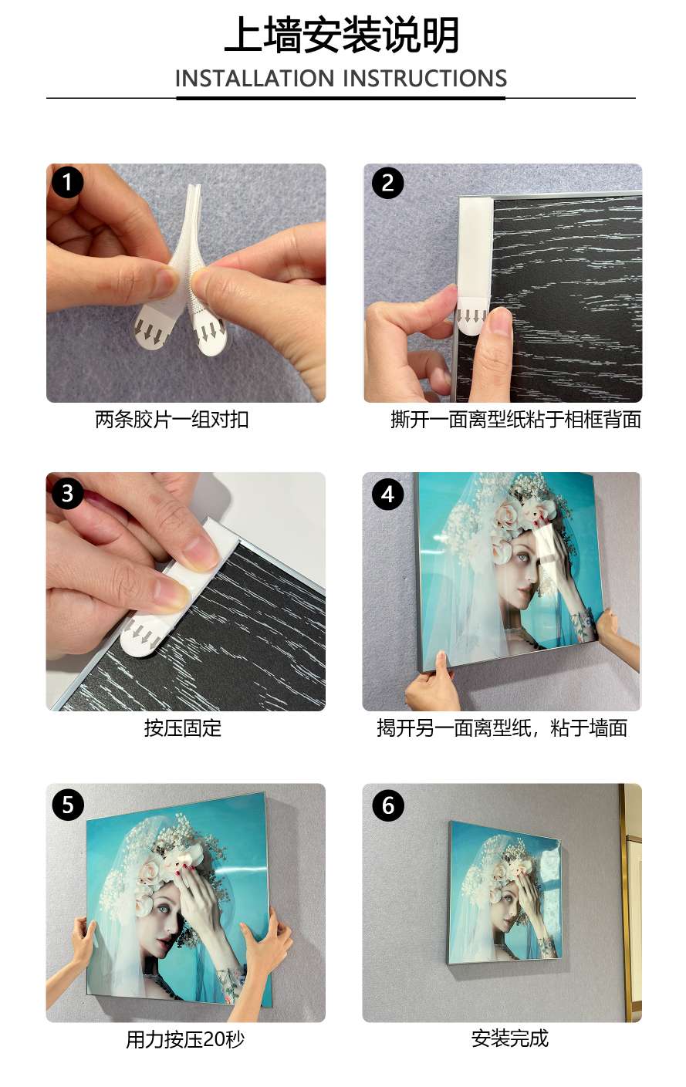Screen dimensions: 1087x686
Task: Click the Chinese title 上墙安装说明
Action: click(x=342, y=36)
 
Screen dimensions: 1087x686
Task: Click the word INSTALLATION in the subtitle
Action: click(x=254, y=79)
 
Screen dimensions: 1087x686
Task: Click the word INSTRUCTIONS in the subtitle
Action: click(x=424, y=79)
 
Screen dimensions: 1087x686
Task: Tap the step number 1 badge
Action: click(x=68, y=183)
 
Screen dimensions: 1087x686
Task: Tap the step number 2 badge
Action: click(x=387, y=183)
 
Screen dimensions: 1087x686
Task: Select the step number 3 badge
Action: click(x=68, y=493)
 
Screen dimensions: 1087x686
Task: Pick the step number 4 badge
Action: click(x=387, y=493)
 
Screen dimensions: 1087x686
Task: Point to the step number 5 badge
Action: click(x=68, y=805)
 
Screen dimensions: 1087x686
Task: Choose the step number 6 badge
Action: click(x=387, y=805)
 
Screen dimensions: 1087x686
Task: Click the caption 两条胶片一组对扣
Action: click(x=171, y=420)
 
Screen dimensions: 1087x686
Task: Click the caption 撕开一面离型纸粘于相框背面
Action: click(x=515, y=420)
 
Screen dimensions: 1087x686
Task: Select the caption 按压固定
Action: click(x=183, y=727)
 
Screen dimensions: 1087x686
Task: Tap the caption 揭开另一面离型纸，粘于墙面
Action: click(x=502, y=727)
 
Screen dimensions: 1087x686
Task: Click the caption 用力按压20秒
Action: click(x=185, y=1039)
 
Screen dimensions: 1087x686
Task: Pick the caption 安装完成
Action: click(x=509, y=1038)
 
